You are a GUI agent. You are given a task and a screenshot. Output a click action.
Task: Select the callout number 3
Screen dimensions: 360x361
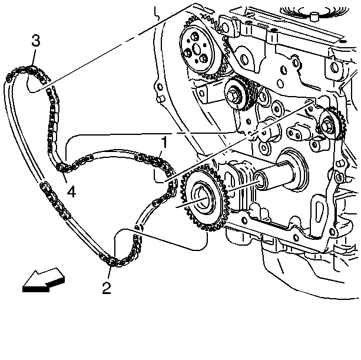coord(36,41)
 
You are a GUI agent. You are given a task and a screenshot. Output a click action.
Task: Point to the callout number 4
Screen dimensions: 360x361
coord(71,191)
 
